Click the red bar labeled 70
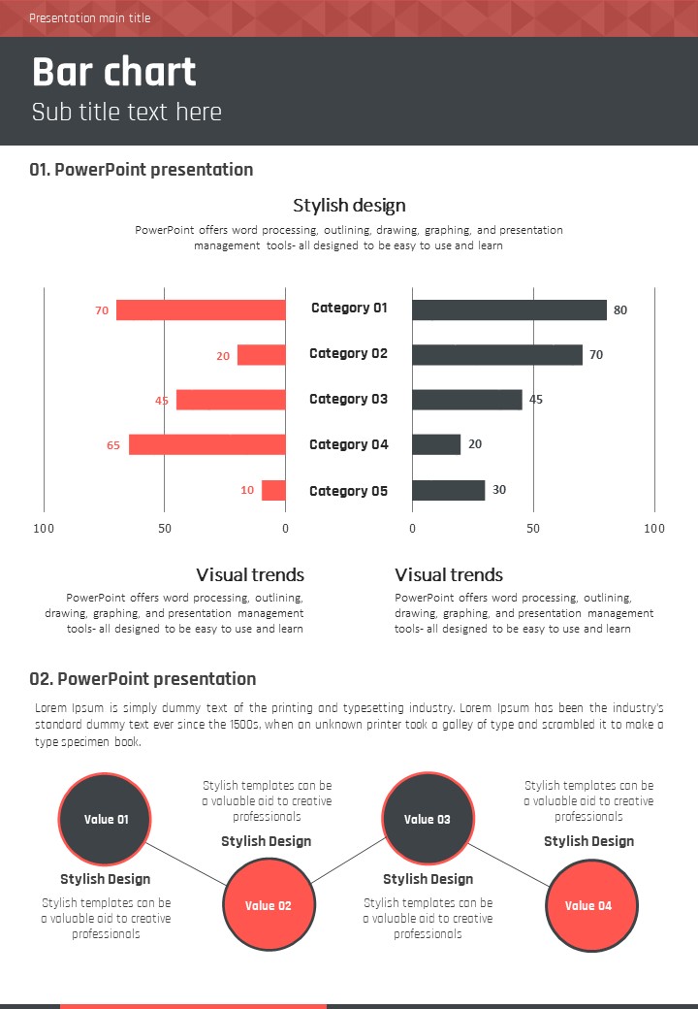point(201,310)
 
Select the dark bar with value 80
point(509,310)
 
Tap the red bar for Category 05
point(273,490)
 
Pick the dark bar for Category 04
point(436,444)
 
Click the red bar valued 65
point(206,444)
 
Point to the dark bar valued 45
point(466,400)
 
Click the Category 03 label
point(348,399)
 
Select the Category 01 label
point(349,308)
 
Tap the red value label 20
point(223,356)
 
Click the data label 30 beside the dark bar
point(499,490)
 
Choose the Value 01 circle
point(106,819)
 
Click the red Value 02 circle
point(269,905)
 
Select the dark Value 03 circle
point(428,819)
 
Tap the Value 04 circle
point(589,905)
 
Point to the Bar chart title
point(114,73)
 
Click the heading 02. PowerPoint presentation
point(143,679)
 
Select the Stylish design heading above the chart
point(349,206)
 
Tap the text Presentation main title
point(89,18)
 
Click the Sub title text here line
point(127,112)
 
